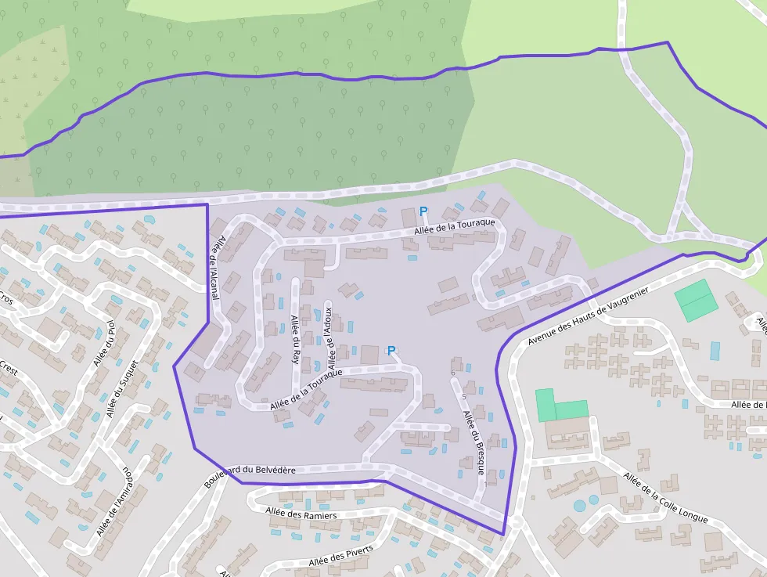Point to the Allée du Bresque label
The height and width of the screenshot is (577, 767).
click(x=474, y=442)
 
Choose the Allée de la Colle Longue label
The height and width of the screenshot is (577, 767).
click(x=666, y=499)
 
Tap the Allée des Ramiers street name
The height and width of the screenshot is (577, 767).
click(x=301, y=514)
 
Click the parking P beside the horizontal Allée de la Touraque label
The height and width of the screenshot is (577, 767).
click(x=423, y=211)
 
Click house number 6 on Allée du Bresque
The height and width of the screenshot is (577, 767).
click(x=453, y=373)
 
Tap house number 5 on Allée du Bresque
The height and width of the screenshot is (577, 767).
click(x=464, y=397)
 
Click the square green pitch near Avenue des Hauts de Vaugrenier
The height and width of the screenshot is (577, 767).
click(x=696, y=301)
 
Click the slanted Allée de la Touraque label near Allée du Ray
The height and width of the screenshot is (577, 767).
click(x=306, y=391)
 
